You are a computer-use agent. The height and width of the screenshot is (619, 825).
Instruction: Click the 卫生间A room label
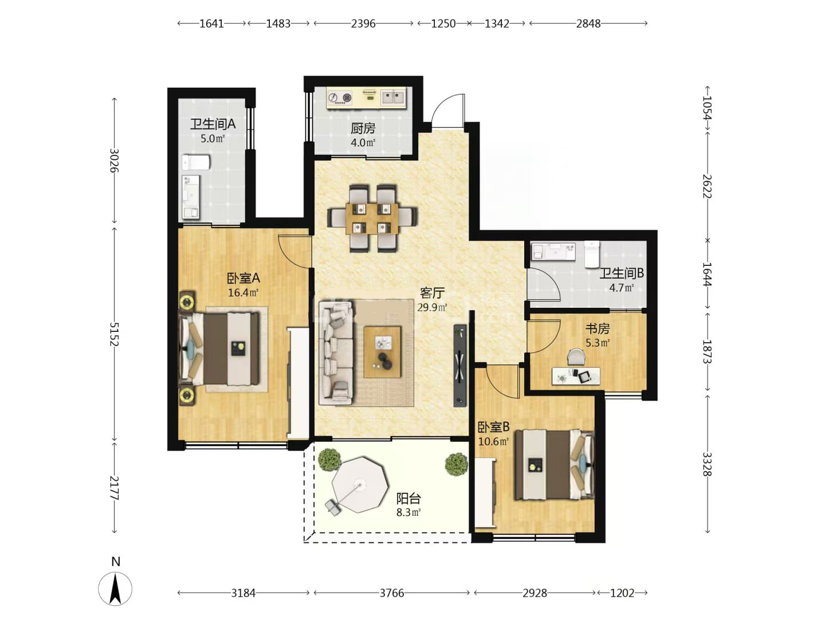[x=213, y=124]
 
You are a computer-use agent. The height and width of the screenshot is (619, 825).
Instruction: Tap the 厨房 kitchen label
[x=363, y=128]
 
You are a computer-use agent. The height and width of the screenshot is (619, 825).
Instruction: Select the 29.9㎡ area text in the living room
[x=432, y=307]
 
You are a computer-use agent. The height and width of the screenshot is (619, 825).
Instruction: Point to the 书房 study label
[x=598, y=328]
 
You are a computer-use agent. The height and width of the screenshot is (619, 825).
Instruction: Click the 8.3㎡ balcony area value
[x=408, y=512]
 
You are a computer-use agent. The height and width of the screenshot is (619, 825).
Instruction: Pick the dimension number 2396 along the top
[x=363, y=23]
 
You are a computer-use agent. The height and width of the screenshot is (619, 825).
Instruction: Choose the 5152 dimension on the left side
[x=114, y=334]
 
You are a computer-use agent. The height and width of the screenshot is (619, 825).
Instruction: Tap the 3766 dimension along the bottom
[x=392, y=593]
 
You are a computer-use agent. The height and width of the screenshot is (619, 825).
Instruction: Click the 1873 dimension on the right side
[x=707, y=351]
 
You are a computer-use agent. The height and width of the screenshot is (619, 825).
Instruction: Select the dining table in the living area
[x=372, y=218]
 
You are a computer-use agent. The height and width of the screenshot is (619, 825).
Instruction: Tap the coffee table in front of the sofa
[x=382, y=352]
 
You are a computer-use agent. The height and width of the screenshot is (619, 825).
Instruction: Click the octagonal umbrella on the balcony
[x=360, y=484]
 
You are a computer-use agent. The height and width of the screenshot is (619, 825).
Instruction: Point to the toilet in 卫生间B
[x=592, y=254]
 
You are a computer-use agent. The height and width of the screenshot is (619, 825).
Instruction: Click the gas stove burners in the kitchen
[x=340, y=97]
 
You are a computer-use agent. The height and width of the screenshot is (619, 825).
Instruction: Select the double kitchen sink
[x=393, y=97]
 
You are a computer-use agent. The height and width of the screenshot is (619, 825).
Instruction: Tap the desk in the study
[x=575, y=376]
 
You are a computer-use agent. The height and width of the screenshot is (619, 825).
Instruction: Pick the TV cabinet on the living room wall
[x=459, y=365]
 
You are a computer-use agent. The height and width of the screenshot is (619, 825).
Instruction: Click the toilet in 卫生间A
[x=195, y=162]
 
